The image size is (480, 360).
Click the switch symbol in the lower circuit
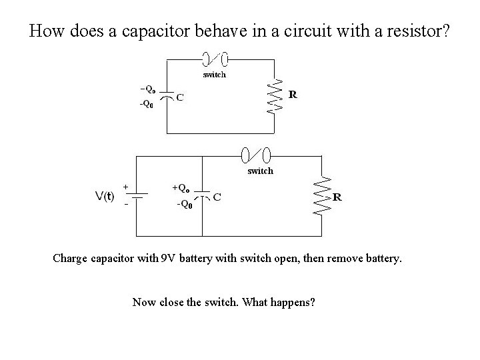coord(257,155)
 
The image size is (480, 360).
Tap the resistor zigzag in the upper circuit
coord(271,97)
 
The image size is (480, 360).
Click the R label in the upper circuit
coord(293,94)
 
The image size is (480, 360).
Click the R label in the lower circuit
coord(337,197)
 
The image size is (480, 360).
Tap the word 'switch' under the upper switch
coord(214,75)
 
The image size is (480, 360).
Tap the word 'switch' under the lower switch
coord(260,171)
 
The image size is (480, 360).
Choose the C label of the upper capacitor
coord(180,98)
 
